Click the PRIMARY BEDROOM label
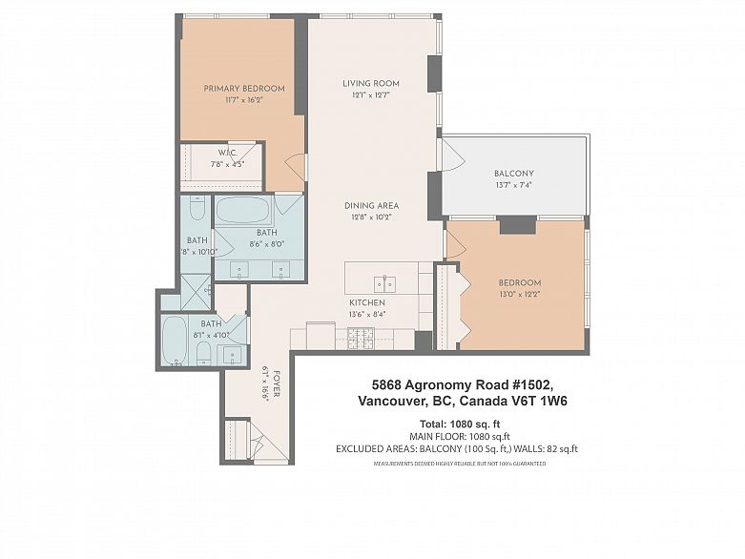(x=243, y=89)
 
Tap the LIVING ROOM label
(x=371, y=84)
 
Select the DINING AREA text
(x=371, y=206)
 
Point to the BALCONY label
(x=513, y=174)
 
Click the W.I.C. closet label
(x=227, y=153)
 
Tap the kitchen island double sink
(x=384, y=283)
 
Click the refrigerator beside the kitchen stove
(x=321, y=335)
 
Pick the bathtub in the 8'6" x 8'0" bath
(x=243, y=210)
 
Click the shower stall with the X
(x=196, y=291)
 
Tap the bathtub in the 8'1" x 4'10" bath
(x=175, y=340)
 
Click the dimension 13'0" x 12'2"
(x=519, y=295)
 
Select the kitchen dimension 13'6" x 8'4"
(x=366, y=314)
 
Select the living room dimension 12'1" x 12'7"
(x=371, y=95)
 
